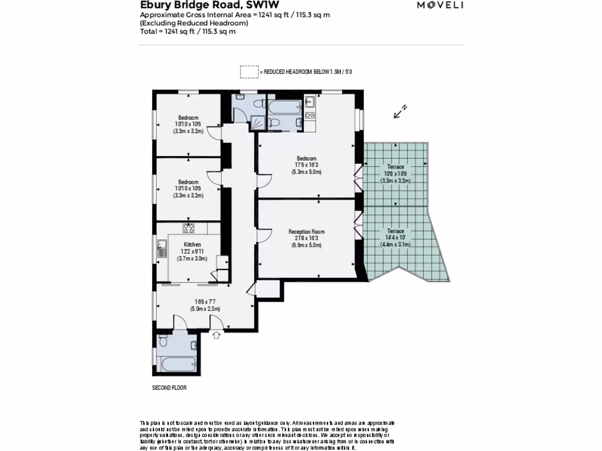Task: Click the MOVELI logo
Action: pos(440,5)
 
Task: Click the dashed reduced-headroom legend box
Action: pos(249,72)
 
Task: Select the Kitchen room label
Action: pos(192,244)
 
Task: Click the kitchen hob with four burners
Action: pos(188,228)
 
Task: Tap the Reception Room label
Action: pos(306,232)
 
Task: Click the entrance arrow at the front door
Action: pos(216,335)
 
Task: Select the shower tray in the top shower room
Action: pos(258,122)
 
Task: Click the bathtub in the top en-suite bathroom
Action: pos(284,106)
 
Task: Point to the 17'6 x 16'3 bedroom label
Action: pos(306,165)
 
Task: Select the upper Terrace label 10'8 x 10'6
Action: pos(395,174)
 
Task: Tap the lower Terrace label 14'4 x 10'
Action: pos(395,238)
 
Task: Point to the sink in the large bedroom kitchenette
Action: pos(310,102)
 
